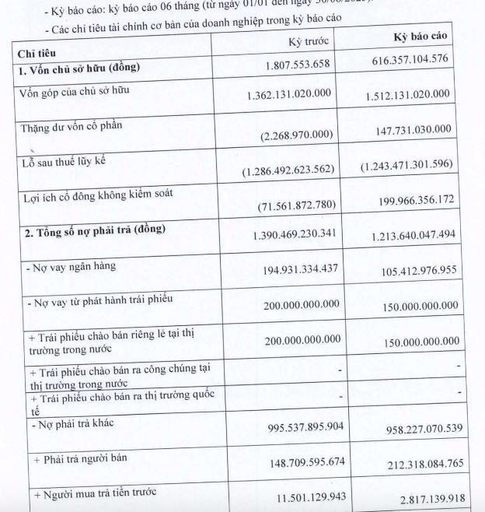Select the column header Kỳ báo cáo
pos(420,38)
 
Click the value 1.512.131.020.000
pos(407,94)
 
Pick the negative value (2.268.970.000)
pos(298,135)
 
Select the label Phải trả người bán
pos(76,458)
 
